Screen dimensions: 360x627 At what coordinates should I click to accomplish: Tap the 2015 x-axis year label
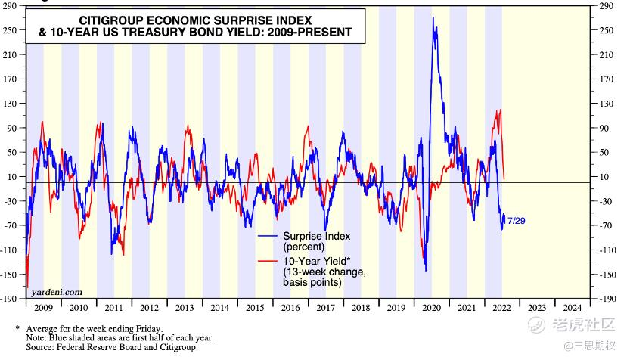point(254,308)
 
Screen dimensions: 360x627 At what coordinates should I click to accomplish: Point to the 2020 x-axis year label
point(432,308)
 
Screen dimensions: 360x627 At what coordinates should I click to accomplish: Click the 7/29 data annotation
point(517,220)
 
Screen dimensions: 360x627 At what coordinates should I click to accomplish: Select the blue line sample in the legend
point(266,236)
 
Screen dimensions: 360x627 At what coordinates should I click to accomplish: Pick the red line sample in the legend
point(266,260)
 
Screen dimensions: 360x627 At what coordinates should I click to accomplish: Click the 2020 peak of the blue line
point(433,17)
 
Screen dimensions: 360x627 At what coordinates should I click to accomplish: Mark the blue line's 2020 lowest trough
point(426,270)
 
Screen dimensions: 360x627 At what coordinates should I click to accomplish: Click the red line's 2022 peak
point(498,110)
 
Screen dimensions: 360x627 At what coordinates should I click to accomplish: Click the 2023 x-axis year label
point(535,308)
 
